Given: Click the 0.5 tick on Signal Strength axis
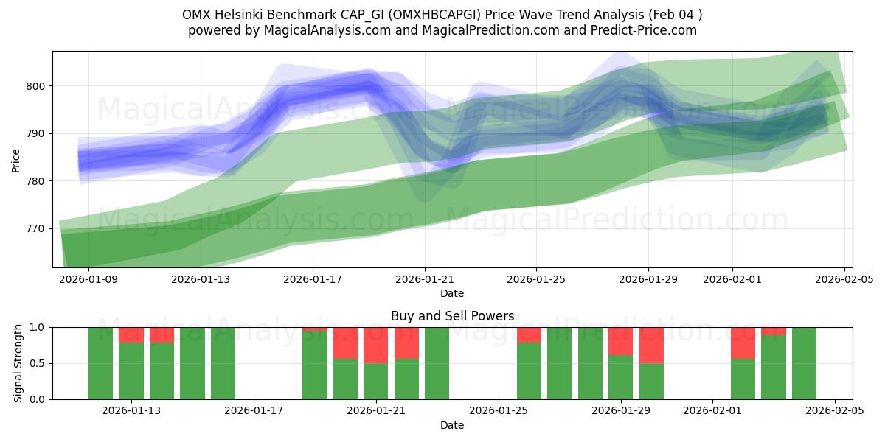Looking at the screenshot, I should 39,363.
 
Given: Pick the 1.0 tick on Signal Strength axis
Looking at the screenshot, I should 39,327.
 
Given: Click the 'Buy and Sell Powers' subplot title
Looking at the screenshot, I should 452,316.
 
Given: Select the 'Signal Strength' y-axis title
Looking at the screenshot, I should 18,363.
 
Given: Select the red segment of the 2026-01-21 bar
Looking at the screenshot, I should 376,345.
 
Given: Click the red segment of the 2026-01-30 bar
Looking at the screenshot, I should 651,345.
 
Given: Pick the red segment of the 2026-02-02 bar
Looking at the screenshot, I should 743,343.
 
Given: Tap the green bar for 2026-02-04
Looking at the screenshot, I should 804,363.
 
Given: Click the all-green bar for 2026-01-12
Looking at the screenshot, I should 100,363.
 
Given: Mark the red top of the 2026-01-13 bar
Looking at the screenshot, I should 131,334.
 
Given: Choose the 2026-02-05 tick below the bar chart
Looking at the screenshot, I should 835,410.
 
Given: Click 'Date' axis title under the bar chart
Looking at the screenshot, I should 452,425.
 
